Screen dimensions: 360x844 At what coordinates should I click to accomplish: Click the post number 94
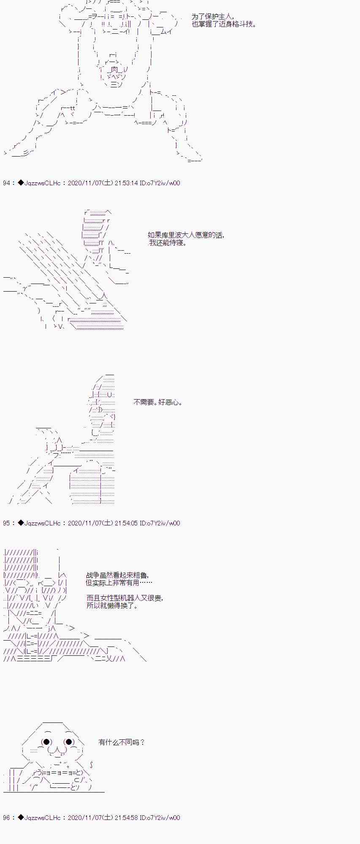click(x=6, y=183)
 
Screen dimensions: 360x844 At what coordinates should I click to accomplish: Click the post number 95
click(x=6, y=523)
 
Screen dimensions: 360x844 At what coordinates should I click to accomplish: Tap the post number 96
click(x=6, y=817)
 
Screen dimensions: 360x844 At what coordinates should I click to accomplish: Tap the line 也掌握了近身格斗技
click(x=224, y=24)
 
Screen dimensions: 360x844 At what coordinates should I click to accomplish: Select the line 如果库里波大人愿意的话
click(x=186, y=235)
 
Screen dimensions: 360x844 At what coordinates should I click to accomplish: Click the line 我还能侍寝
click(x=168, y=243)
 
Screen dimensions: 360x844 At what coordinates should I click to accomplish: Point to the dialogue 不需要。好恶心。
click(x=158, y=402)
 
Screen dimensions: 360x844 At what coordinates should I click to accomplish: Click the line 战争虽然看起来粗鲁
click(x=117, y=575)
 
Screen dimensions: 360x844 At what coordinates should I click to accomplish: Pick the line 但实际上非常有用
click(x=119, y=582)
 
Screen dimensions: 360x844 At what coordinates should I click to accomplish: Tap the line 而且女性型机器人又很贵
click(x=125, y=598)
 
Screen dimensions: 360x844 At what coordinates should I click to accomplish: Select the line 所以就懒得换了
click(x=112, y=606)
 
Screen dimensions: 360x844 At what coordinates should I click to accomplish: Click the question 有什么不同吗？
click(x=122, y=741)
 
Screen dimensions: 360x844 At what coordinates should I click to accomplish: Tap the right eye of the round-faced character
click(x=68, y=741)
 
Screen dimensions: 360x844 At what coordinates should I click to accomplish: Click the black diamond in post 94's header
click(x=21, y=183)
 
